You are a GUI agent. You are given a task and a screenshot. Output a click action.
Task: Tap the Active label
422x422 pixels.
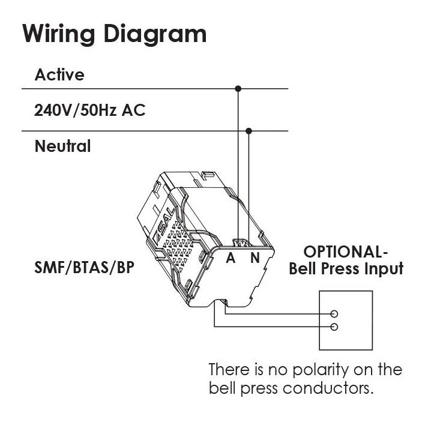point(59,75)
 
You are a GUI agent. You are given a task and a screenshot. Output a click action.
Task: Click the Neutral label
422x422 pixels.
point(62,146)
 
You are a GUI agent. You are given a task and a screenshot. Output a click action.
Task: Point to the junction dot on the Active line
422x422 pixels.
point(238,89)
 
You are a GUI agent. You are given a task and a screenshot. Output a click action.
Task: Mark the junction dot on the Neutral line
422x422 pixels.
point(250,131)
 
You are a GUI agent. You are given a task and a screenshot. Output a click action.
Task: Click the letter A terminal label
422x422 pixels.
point(231,259)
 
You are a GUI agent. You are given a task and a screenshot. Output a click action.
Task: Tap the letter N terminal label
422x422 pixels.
point(255,259)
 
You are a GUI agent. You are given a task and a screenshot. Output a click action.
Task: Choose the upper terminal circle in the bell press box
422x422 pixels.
point(334,313)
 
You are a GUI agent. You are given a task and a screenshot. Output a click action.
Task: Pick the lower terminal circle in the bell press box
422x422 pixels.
point(334,327)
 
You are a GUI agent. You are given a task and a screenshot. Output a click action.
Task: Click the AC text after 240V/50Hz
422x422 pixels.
point(135,110)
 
